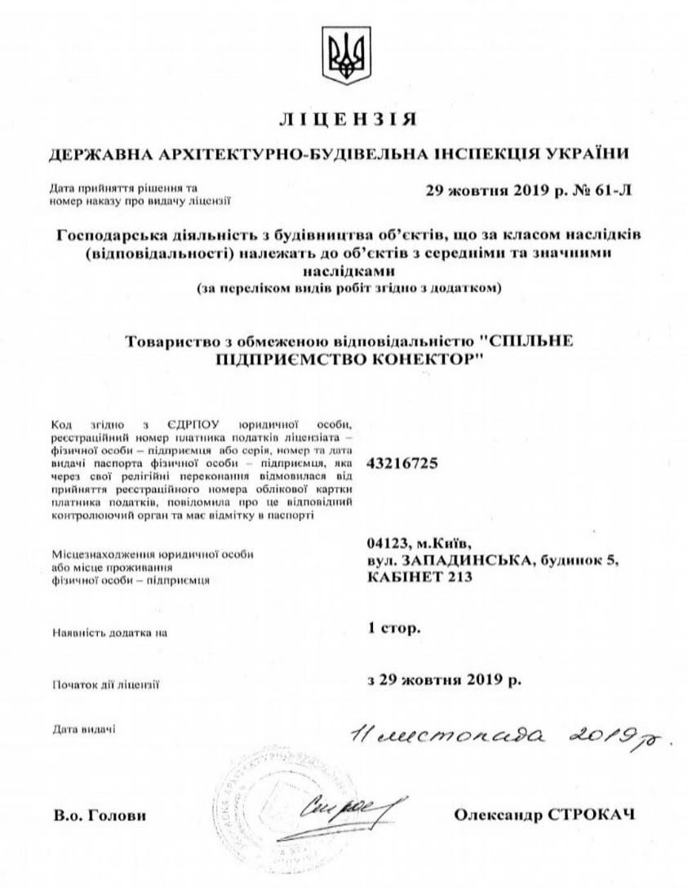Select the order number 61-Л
(x=608, y=192)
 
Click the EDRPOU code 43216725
(x=402, y=462)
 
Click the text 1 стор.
(x=395, y=629)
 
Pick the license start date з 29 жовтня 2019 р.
(x=444, y=679)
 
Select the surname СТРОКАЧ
(x=596, y=815)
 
